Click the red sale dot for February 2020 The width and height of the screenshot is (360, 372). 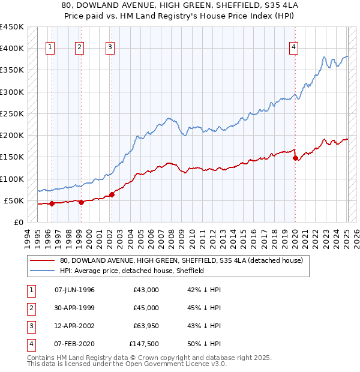[x=295, y=158]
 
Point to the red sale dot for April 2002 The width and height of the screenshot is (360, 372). [x=112, y=194]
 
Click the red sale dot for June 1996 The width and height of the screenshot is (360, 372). [x=52, y=203]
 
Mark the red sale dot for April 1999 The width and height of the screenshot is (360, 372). [x=81, y=202]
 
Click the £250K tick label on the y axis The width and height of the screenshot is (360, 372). [x=12, y=113]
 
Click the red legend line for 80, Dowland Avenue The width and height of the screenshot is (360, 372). [x=43, y=261]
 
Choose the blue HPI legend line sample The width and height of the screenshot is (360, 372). [x=43, y=271]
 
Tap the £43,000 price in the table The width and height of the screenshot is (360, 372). [x=146, y=290]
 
